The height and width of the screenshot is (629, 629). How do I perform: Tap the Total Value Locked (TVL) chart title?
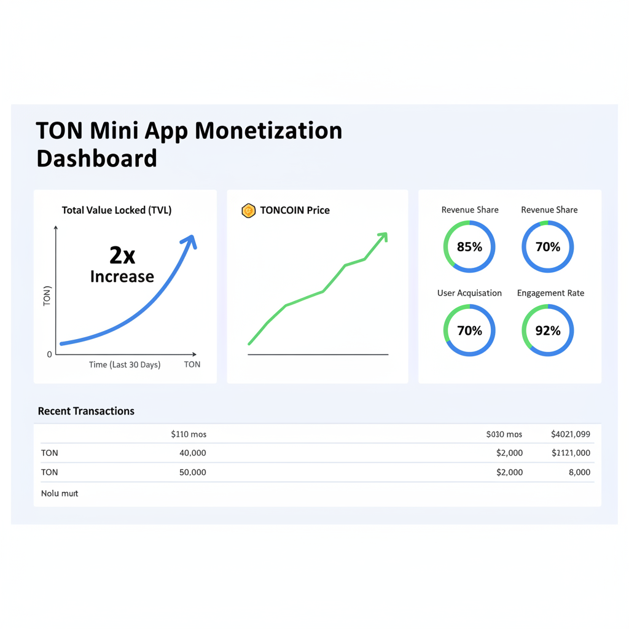pyautogui.click(x=117, y=210)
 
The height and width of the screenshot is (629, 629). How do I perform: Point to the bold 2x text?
pyautogui.click(x=122, y=254)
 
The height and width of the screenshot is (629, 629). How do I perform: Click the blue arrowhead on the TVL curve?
pyautogui.click(x=191, y=241)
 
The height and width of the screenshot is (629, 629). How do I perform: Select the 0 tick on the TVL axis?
pyautogui.click(x=50, y=354)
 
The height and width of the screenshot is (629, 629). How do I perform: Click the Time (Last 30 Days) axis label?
pyautogui.click(x=125, y=365)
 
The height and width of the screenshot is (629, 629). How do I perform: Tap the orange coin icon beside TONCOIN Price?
pyautogui.click(x=248, y=211)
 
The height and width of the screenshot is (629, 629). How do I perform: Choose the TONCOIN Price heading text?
pyautogui.click(x=295, y=210)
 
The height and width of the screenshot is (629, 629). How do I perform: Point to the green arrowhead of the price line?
pyautogui.click(x=383, y=236)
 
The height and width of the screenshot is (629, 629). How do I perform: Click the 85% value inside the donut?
pyautogui.click(x=469, y=247)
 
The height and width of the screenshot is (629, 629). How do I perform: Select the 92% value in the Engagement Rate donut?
pyautogui.click(x=547, y=331)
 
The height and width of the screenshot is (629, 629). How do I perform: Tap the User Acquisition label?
pyautogui.click(x=469, y=293)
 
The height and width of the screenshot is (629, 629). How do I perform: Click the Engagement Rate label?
pyautogui.click(x=550, y=293)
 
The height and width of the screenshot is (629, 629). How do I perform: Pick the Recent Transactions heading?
pyautogui.click(x=86, y=411)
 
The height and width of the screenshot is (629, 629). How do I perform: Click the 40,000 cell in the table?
pyautogui.click(x=192, y=453)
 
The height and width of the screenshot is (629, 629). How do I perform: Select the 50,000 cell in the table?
pyautogui.click(x=192, y=472)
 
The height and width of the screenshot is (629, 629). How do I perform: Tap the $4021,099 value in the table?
pyautogui.click(x=571, y=434)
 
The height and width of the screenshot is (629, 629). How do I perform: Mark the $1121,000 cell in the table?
pyautogui.click(x=571, y=453)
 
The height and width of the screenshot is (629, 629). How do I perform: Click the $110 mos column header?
pyautogui.click(x=189, y=434)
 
